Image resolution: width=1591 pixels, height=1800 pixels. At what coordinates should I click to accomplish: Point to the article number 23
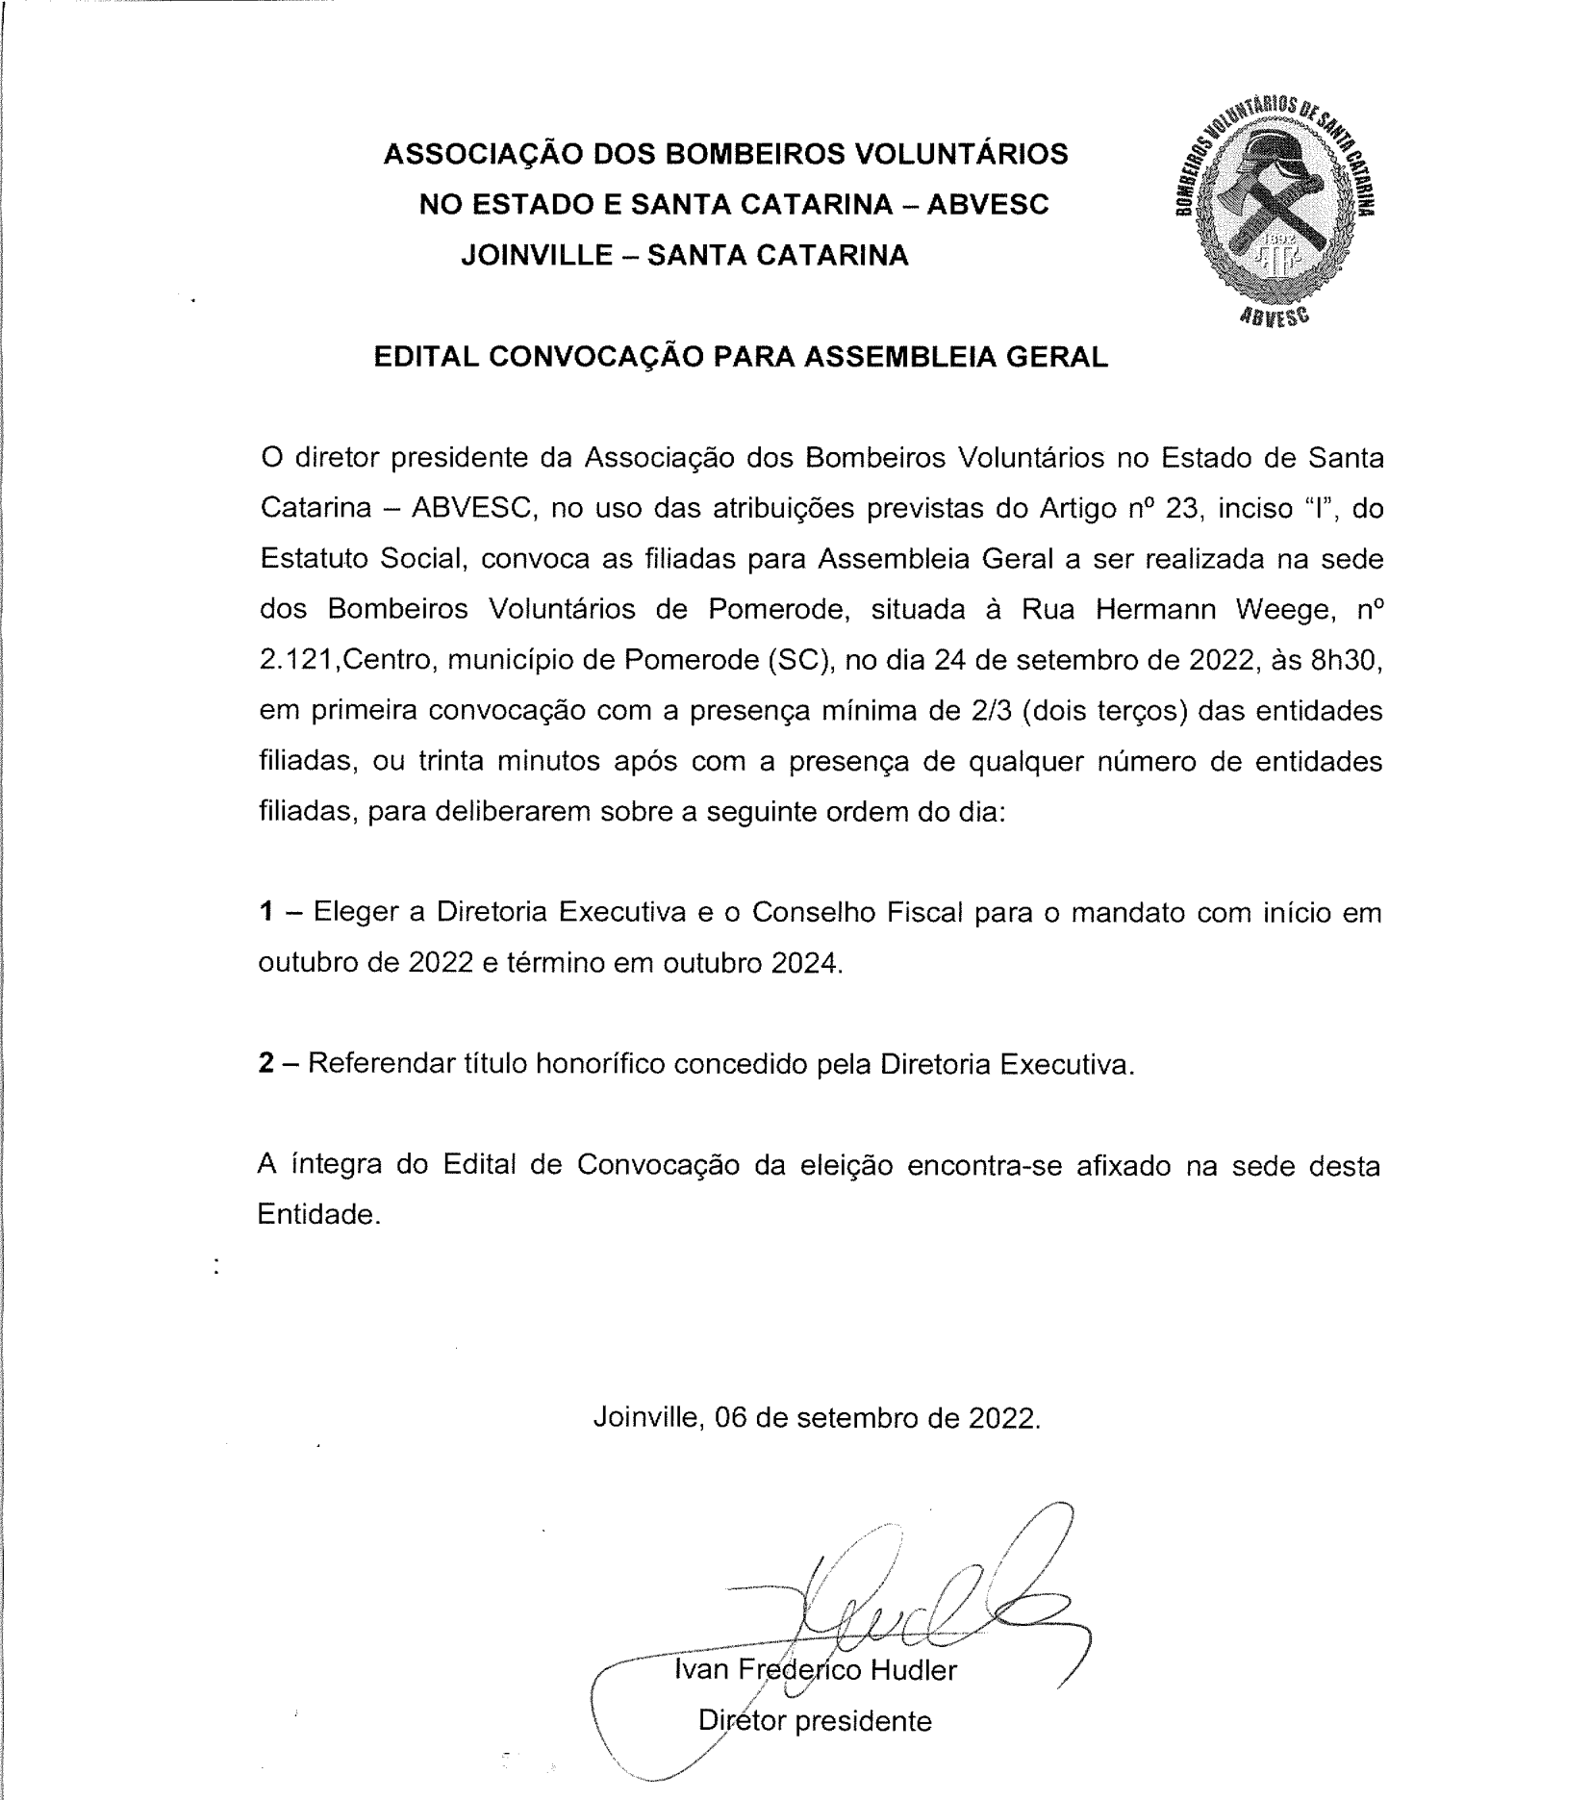[1180, 508]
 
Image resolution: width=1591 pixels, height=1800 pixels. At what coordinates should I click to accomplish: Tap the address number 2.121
[297, 661]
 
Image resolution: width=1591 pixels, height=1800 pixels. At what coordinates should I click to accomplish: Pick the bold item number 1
[266, 911]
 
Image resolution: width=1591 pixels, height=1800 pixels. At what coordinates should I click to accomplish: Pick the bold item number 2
[266, 1064]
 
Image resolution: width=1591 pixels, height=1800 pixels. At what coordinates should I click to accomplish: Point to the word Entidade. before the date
[319, 1215]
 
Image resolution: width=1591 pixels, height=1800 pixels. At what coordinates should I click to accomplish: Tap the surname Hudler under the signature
[913, 1669]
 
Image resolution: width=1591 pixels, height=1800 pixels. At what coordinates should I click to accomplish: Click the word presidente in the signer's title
[863, 1720]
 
